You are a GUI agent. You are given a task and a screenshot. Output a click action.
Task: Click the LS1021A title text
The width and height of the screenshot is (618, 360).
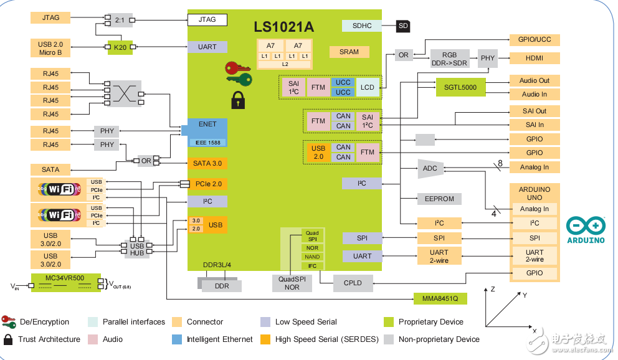pyautogui.click(x=283, y=27)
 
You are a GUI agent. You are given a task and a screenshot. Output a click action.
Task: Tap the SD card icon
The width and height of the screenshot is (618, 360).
pyautogui.click(x=404, y=26)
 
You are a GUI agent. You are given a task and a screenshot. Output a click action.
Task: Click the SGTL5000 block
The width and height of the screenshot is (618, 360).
pyautogui.click(x=460, y=87)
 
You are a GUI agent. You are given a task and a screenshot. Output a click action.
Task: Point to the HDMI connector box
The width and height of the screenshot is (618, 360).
pyautogui.click(x=534, y=58)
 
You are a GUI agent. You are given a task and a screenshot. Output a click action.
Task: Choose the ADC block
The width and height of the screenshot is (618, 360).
pyautogui.click(x=430, y=168)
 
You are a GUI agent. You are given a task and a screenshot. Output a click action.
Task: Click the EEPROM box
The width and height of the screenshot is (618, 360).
pyautogui.click(x=439, y=199)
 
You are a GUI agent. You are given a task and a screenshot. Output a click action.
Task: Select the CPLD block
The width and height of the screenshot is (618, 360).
pyautogui.click(x=353, y=283)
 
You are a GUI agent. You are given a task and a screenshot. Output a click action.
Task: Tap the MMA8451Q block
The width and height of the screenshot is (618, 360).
pyautogui.click(x=440, y=298)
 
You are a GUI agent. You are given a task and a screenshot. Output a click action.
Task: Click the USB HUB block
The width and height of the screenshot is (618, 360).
pyautogui.click(x=137, y=249)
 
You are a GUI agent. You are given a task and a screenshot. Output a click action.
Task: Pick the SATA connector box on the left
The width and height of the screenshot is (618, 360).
pyautogui.click(x=50, y=169)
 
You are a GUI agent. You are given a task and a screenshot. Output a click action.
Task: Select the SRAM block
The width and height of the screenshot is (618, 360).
pyautogui.click(x=349, y=52)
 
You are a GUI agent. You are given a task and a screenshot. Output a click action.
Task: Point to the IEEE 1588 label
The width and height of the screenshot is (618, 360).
pyautogui.click(x=207, y=142)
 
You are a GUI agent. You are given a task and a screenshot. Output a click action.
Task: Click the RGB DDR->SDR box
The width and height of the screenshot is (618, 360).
pyautogui.click(x=449, y=59)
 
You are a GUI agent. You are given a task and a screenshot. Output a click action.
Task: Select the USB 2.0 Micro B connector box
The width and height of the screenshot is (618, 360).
pyautogui.click(x=50, y=48)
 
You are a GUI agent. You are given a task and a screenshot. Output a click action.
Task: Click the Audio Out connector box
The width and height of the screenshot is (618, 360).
pyautogui.click(x=534, y=80)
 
